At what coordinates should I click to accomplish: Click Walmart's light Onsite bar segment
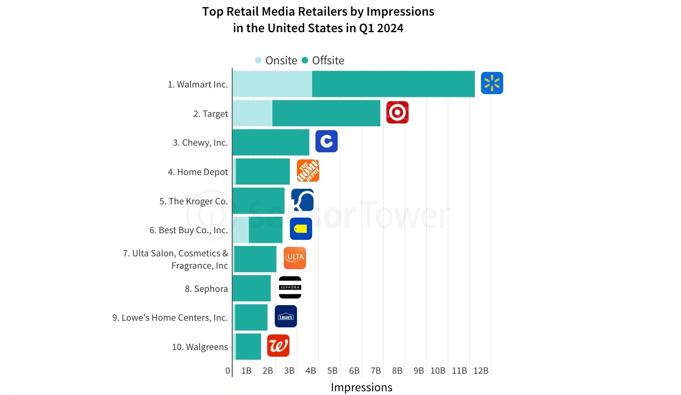(x=272, y=84)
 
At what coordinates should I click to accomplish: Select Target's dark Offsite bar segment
(x=326, y=114)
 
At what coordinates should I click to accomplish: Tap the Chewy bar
(x=271, y=142)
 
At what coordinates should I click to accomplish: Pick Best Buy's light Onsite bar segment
(x=241, y=230)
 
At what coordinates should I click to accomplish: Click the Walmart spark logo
(x=492, y=83)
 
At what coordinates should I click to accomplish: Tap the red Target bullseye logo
(x=397, y=113)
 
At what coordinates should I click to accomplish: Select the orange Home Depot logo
(x=308, y=171)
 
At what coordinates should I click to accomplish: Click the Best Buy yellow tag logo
(x=301, y=229)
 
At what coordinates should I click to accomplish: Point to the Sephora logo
(x=290, y=288)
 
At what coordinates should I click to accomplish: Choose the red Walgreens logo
(x=278, y=346)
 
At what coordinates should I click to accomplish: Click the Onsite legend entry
(x=276, y=61)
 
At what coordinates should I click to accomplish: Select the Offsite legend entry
(x=323, y=61)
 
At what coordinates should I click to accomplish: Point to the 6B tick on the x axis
(x=354, y=371)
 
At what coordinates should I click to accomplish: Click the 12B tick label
(x=480, y=371)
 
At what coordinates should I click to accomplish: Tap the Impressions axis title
(x=361, y=387)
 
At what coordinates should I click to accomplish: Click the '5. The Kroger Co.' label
(x=193, y=201)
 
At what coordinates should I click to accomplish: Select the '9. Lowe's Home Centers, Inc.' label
(x=170, y=317)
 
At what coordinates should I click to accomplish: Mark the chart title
(x=318, y=19)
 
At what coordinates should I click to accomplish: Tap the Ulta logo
(x=295, y=258)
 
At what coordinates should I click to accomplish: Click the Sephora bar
(x=252, y=288)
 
